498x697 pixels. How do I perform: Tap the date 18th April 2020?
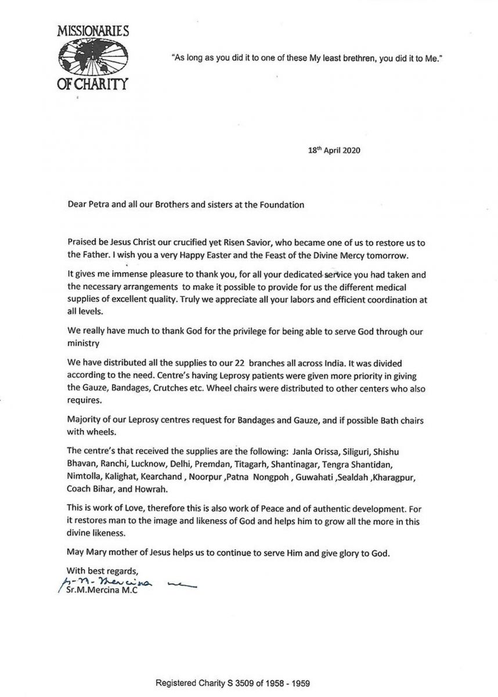point(334,150)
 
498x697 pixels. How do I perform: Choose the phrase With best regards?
point(103,569)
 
